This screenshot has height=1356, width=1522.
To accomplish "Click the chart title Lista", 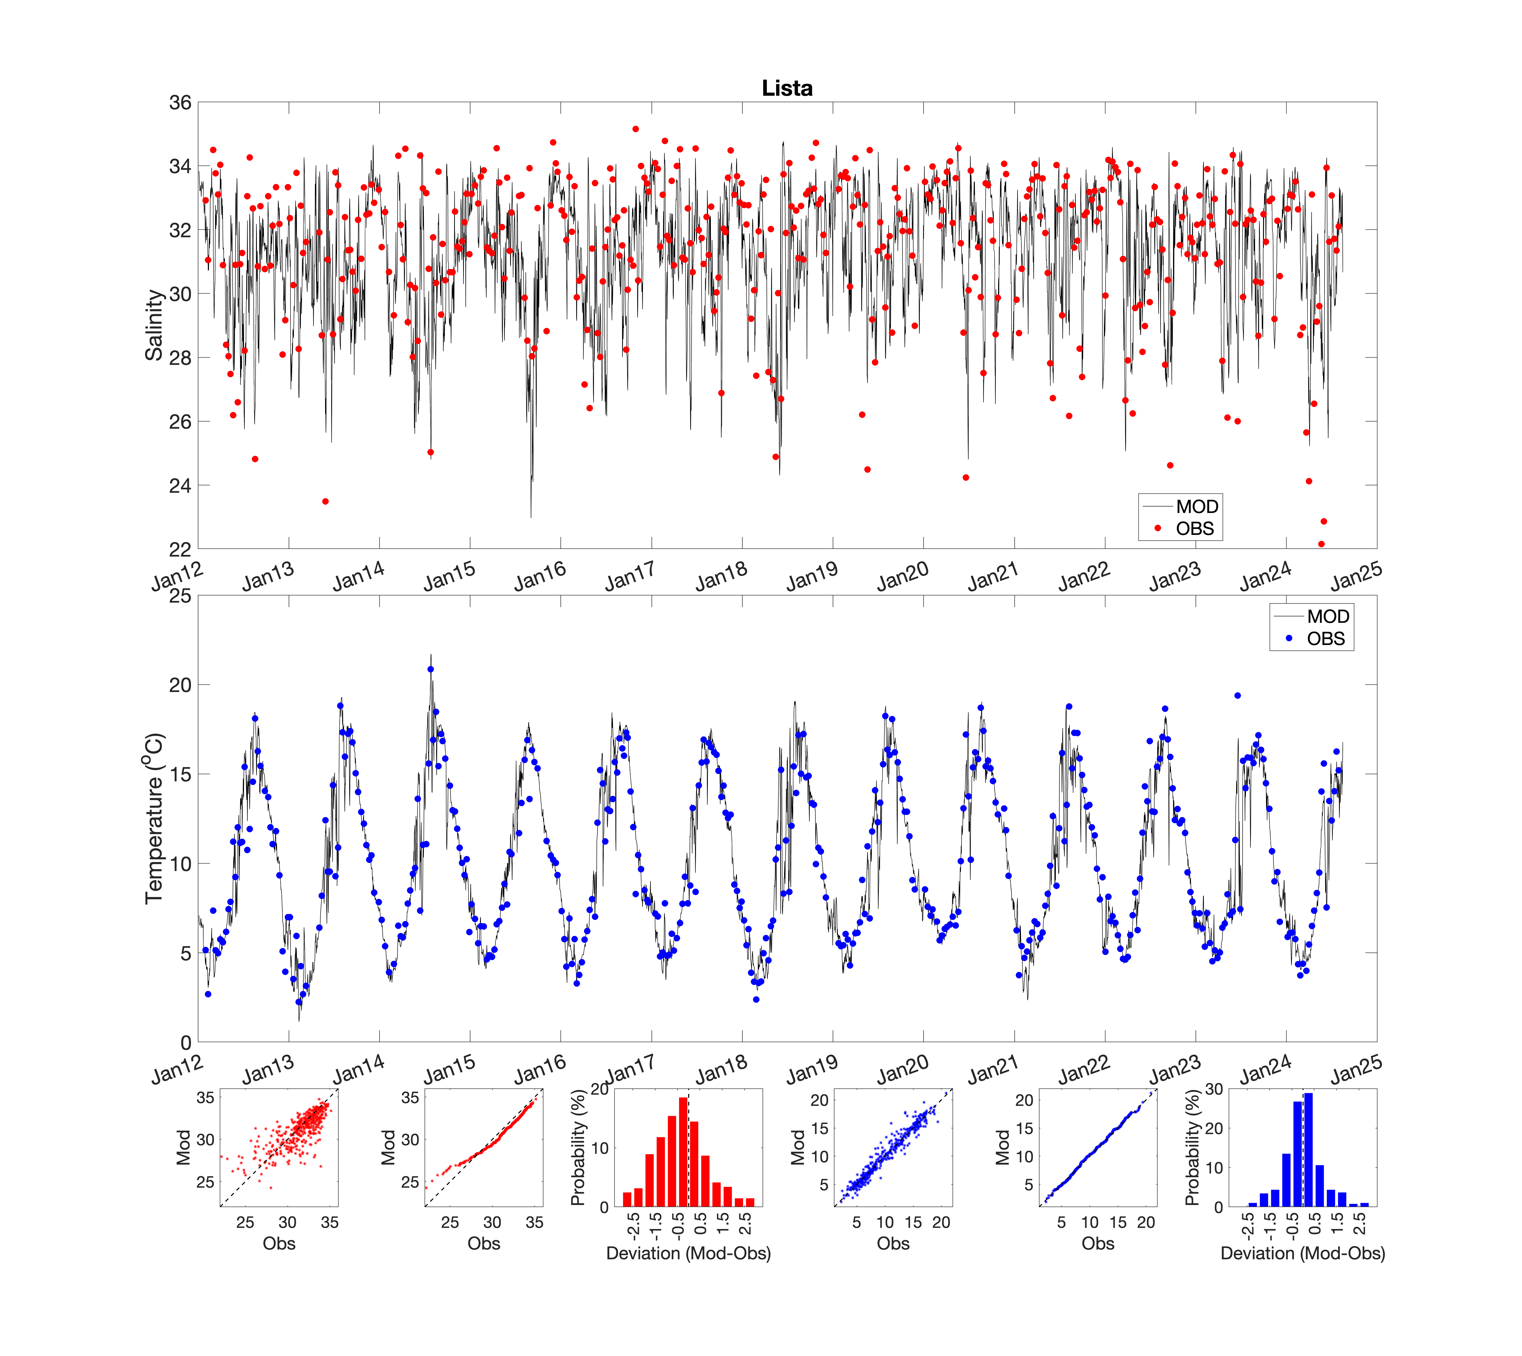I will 787,88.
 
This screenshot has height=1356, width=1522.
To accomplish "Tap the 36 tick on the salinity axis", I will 180,103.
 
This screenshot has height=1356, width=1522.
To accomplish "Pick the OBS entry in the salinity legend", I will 1194,528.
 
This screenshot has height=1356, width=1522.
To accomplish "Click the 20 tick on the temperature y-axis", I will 180,685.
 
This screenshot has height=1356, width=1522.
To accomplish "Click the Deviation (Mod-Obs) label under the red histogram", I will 688,1253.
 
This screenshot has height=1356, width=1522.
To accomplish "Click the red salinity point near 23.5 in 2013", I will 326,502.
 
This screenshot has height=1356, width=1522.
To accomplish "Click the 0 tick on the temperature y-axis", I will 186,1042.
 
